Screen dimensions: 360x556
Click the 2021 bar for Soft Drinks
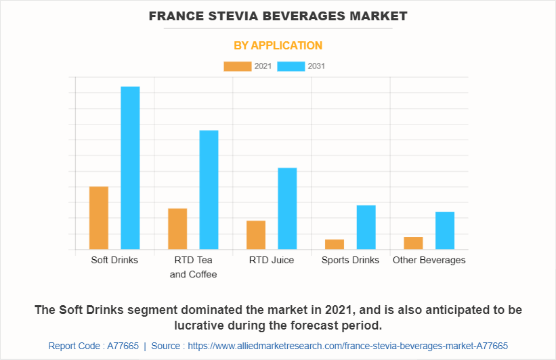point(99,217)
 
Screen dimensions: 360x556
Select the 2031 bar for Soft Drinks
point(130,168)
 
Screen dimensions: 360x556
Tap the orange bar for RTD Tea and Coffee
point(177,229)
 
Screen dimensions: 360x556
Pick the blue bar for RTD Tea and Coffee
point(209,189)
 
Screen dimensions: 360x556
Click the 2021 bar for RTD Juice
point(256,235)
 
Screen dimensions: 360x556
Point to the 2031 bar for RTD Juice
point(287,208)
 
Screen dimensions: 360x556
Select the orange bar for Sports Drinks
point(335,244)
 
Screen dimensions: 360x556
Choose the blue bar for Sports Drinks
point(366,227)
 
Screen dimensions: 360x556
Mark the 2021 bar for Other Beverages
point(413,243)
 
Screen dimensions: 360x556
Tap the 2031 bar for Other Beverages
point(444,230)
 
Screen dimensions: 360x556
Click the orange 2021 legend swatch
point(237,66)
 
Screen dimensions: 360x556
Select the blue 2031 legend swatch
point(291,66)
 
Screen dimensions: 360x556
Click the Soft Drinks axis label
point(114,260)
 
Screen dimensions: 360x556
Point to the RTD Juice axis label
point(272,260)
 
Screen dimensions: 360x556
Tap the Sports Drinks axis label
point(350,260)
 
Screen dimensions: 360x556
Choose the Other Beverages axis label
point(429,260)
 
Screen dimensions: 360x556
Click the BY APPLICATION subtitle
point(278,45)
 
